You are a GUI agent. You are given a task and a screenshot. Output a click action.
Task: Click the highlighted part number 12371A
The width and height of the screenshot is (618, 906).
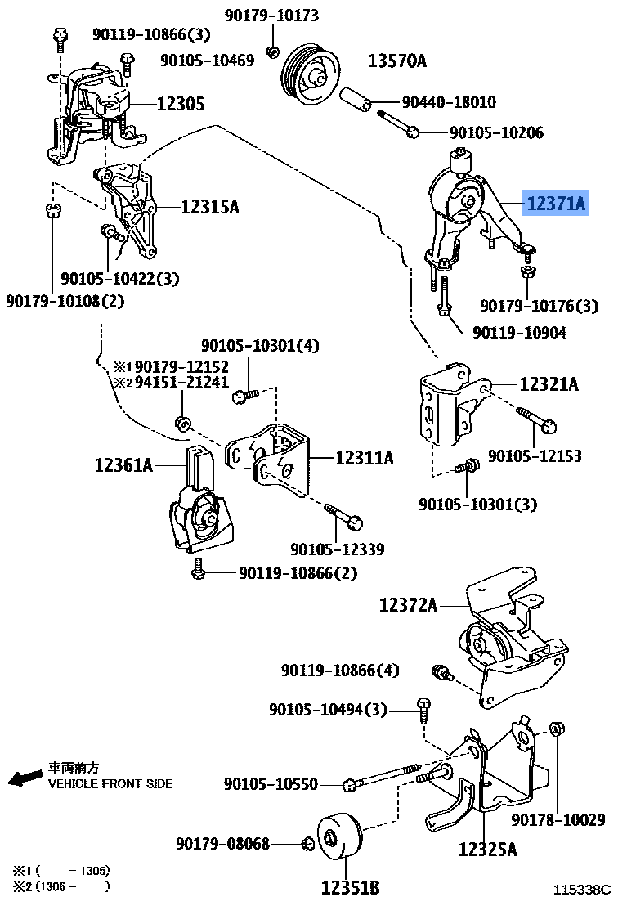(556, 204)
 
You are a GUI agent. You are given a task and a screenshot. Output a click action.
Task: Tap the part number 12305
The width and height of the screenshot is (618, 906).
(180, 104)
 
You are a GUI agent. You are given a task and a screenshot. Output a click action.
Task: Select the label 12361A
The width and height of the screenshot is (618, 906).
(123, 465)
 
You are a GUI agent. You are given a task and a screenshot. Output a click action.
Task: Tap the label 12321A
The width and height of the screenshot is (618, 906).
(549, 383)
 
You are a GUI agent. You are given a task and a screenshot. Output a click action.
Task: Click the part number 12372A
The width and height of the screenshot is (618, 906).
(408, 605)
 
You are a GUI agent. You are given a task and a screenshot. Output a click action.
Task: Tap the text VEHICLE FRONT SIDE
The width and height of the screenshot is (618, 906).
(110, 783)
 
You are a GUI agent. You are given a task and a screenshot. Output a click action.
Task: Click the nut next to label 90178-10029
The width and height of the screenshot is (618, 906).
(555, 729)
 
